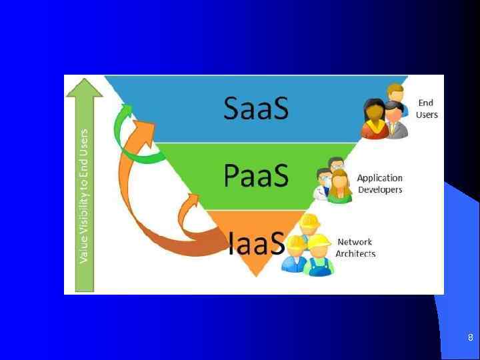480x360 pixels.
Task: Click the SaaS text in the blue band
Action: [256, 108]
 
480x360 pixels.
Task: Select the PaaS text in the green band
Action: [256, 176]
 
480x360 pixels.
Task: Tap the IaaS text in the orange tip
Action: [257, 243]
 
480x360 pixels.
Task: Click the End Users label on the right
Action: [427, 109]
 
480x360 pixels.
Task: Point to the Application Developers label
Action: [380, 183]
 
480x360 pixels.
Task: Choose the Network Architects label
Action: [355, 247]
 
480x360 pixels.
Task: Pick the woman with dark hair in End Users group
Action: [375, 119]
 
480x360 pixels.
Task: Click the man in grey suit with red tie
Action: [395, 120]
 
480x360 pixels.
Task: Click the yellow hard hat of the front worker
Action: [319, 241]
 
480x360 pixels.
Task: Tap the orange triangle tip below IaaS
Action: [256, 270]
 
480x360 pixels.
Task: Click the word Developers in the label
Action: [380, 189]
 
